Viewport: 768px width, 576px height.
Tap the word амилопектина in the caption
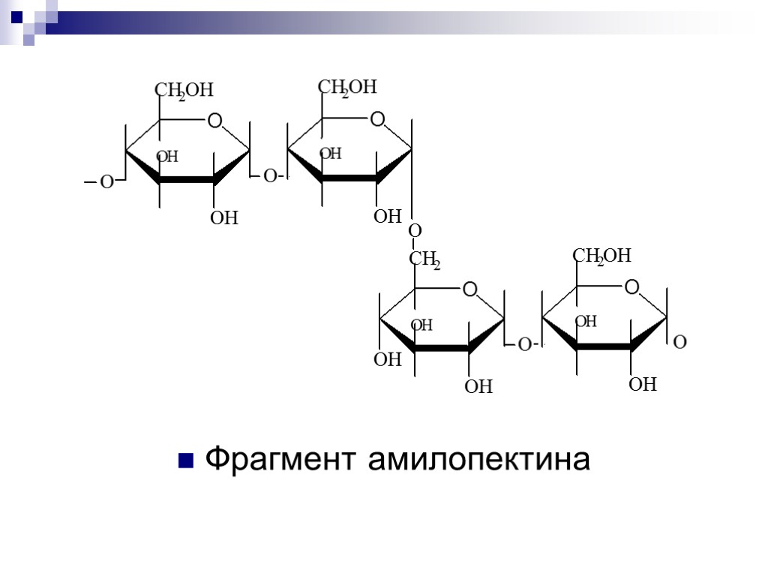pos(478,459)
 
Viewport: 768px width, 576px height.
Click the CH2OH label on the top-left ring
pos(184,91)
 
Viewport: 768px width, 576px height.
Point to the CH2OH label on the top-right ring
pos(347,88)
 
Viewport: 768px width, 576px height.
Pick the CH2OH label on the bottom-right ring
pos(602,257)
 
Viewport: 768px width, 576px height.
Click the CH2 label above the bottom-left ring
pos(424,261)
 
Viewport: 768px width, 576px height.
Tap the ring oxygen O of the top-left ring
pos(214,121)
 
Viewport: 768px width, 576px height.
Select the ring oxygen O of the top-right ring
pos(377,119)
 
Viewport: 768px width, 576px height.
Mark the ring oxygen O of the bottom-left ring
pos(470,289)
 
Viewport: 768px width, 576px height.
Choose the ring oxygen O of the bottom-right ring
pos(631,287)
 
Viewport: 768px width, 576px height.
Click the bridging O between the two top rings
pos(269,177)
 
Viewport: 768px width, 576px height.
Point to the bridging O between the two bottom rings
pos(524,345)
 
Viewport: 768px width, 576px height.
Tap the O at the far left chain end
pos(106,182)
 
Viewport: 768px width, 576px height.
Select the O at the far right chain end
pos(680,343)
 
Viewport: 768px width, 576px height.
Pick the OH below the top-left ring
pos(223,218)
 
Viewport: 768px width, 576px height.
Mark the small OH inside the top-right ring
pos(331,154)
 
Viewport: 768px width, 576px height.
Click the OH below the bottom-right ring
pos(643,385)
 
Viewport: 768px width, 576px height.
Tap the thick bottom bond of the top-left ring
pos(187,180)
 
